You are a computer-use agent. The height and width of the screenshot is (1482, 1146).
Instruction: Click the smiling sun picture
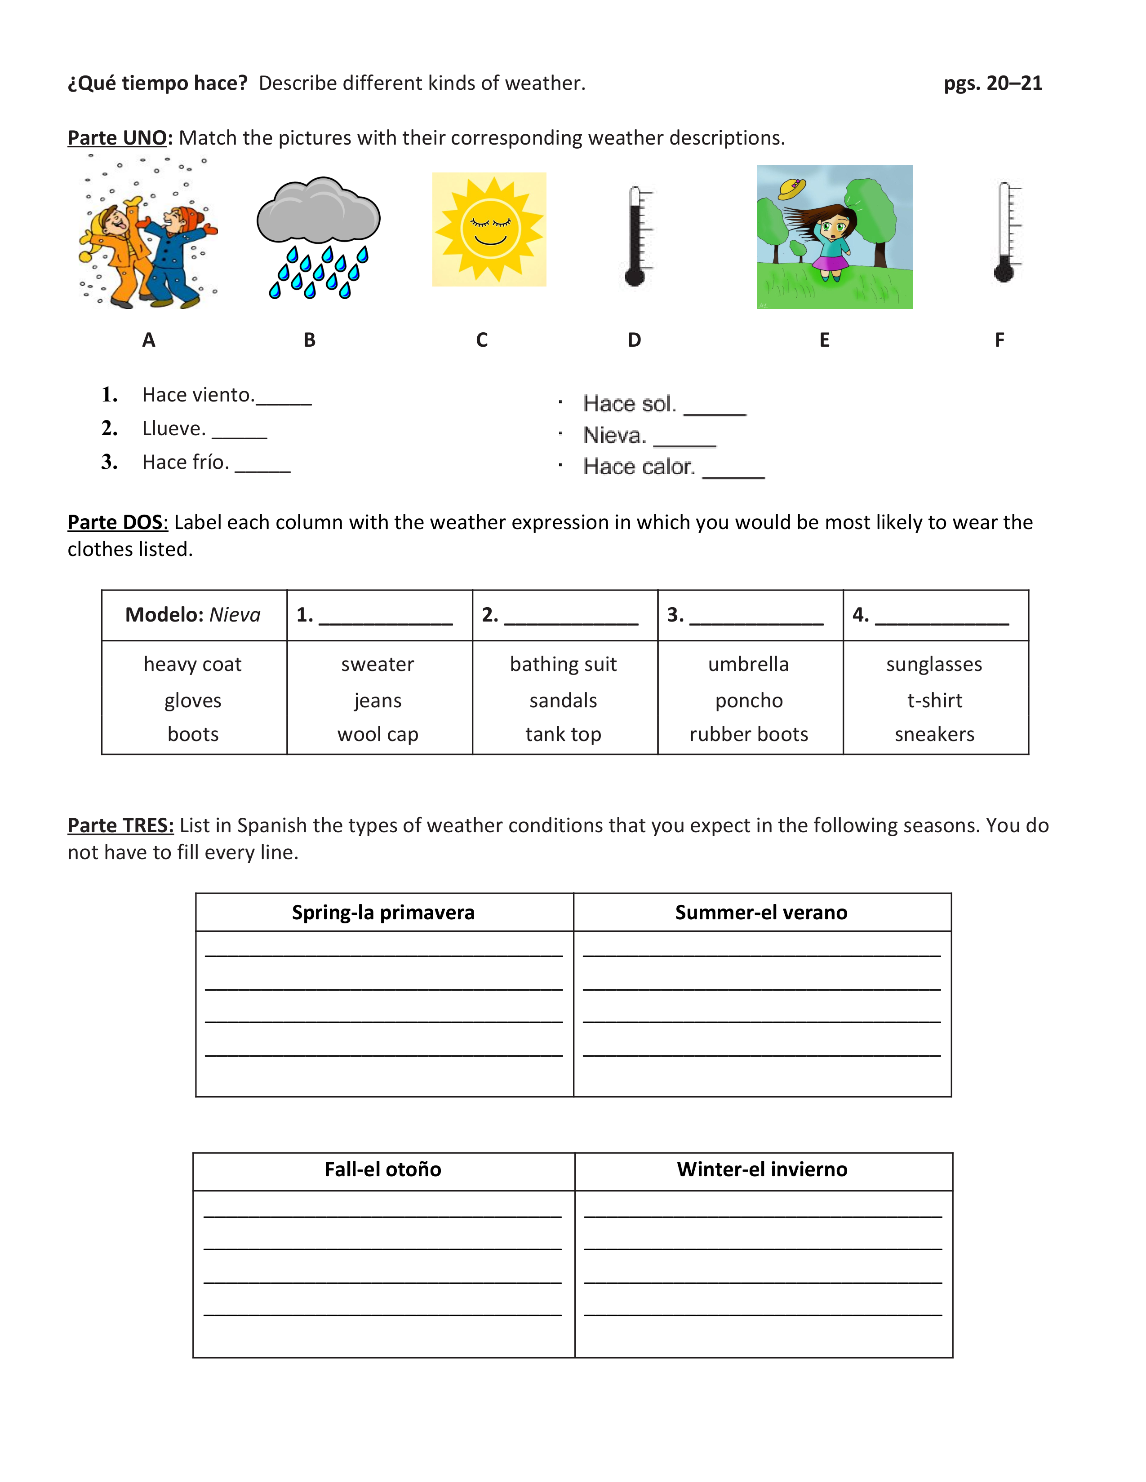(x=489, y=229)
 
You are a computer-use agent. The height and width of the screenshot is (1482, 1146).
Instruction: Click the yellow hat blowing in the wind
(x=791, y=187)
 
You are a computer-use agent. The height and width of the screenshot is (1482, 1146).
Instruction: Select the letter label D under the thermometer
(x=634, y=340)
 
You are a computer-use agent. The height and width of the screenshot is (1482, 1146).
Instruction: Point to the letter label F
(x=999, y=340)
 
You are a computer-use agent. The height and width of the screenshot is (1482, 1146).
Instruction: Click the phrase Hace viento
(x=198, y=395)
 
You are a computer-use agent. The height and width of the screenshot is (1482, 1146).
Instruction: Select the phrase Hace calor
(x=639, y=467)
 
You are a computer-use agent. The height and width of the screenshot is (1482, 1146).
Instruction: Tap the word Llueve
(x=174, y=429)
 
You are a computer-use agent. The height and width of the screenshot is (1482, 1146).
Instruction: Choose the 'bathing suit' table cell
(x=564, y=664)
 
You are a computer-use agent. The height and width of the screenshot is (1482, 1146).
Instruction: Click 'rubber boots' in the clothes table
(x=749, y=734)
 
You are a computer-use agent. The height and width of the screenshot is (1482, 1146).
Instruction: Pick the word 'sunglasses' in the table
(x=934, y=664)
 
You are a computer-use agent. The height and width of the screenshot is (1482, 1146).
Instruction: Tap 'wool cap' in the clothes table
(x=378, y=734)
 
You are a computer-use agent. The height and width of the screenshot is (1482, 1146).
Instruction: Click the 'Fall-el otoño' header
(x=383, y=1169)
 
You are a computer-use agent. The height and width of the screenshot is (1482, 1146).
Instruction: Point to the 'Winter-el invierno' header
(x=762, y=1169)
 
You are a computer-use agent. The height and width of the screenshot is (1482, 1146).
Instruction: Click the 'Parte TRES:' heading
(x=120, y=826)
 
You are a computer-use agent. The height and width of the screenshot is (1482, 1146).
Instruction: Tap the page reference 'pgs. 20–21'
(x=993, y=84)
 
